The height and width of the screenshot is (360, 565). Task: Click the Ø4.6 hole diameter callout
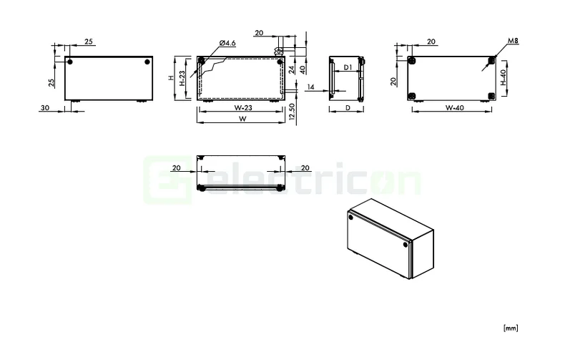227,44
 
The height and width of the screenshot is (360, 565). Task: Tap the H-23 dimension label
183,78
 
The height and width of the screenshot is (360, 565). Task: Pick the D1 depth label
346,67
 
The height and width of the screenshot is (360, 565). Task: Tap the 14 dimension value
310,87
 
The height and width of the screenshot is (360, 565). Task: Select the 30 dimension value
45,107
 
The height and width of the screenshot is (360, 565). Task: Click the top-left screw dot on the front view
70,62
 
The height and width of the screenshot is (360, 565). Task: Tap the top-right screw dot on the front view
147,62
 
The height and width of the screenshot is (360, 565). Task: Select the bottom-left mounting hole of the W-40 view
413,96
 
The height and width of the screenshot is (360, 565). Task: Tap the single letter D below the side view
346,108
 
